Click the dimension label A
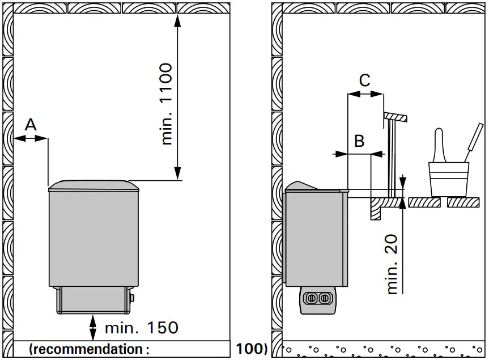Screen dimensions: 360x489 (31, 125)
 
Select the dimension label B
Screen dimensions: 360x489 (359, 141)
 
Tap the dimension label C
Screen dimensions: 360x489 (365, 81)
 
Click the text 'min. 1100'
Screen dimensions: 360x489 (166, 104)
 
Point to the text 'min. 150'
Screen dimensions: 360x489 (142, 327)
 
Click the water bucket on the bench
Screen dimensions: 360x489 (448, 178)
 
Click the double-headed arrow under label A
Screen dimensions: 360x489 (31, 138)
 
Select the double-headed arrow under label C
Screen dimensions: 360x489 (365, 95)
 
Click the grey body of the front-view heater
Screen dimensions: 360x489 (93, 238)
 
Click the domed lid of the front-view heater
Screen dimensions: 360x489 (93, 185)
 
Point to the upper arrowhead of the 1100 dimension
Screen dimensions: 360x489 (177, 22)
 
